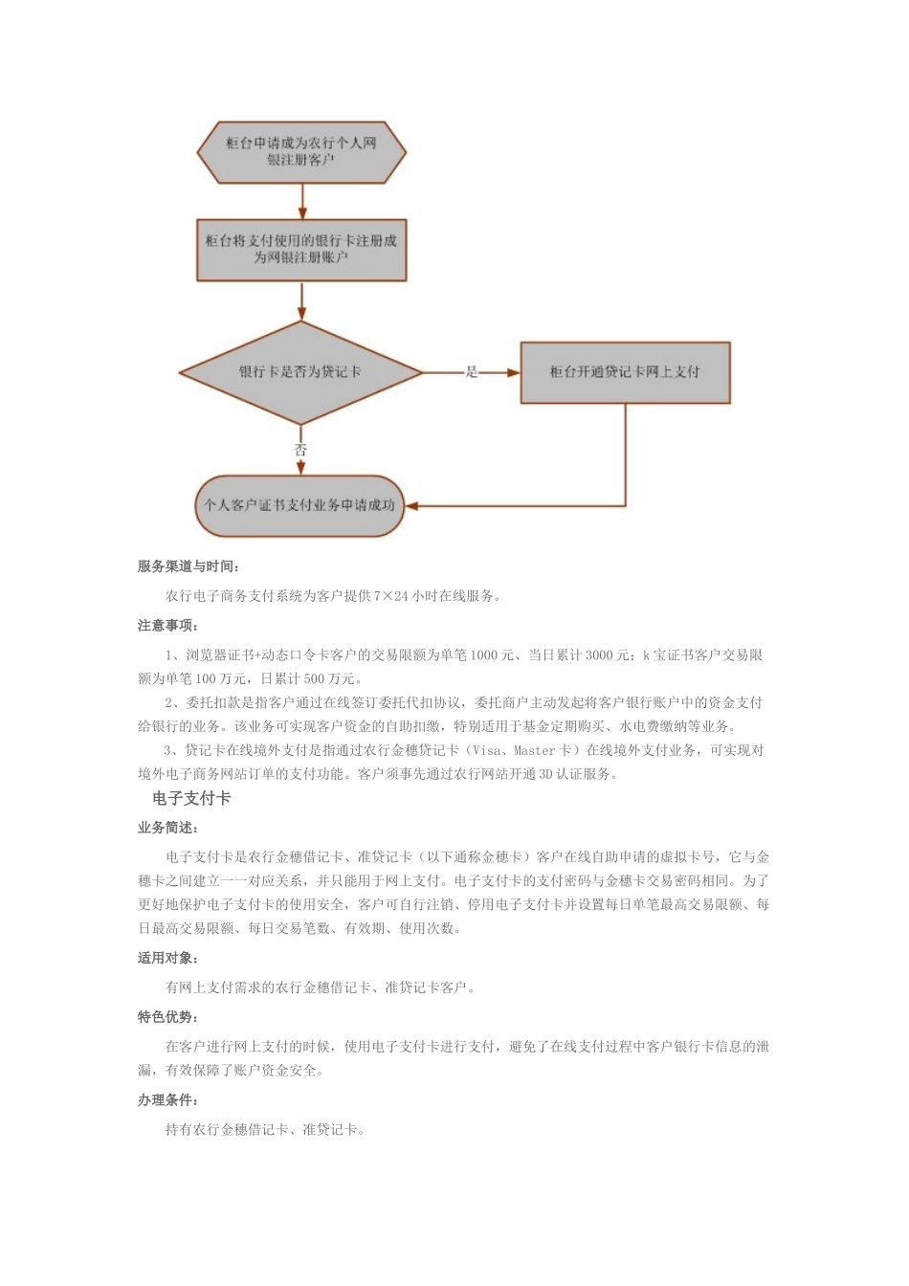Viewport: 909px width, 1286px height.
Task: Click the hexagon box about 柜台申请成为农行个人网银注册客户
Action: (x=301, y=152)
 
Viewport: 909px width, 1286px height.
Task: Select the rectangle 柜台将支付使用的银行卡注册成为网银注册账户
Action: (x=301, y=250)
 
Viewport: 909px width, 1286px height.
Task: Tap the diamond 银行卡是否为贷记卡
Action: (x=300, y=372)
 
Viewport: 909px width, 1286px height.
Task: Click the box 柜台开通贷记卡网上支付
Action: (x=625, y=372)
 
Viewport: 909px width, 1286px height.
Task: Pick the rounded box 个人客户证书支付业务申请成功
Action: (x=300, y=505)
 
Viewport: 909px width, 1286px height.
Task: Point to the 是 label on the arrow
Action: (x=471, y=372)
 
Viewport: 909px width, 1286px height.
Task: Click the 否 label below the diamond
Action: (x=300, y=449)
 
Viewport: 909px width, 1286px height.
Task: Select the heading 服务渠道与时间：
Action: (x=188, y=566)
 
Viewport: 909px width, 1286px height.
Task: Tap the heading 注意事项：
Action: (x=167, y=626)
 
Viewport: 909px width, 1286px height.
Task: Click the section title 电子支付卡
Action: (x=191, y=798)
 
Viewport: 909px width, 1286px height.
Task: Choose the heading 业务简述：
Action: (x=167, y=828)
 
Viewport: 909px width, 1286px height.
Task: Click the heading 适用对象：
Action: (x=167, y=958)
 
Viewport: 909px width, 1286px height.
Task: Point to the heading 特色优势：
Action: (x=167, y=1017)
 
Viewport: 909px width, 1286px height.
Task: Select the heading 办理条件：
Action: (x=167, y=1100)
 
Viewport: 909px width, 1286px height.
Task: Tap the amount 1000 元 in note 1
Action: (x=492, y=655)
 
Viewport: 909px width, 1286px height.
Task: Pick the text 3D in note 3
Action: (x=545, y=774)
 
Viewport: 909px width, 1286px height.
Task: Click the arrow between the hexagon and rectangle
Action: (x=302, y=201)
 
